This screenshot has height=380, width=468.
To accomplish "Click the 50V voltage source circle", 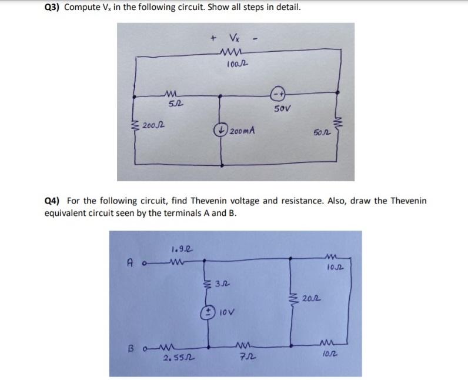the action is click(277, 94).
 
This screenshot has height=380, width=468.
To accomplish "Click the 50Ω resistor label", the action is click(317, 135).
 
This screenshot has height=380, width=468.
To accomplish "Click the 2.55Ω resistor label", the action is click(172, 356).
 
